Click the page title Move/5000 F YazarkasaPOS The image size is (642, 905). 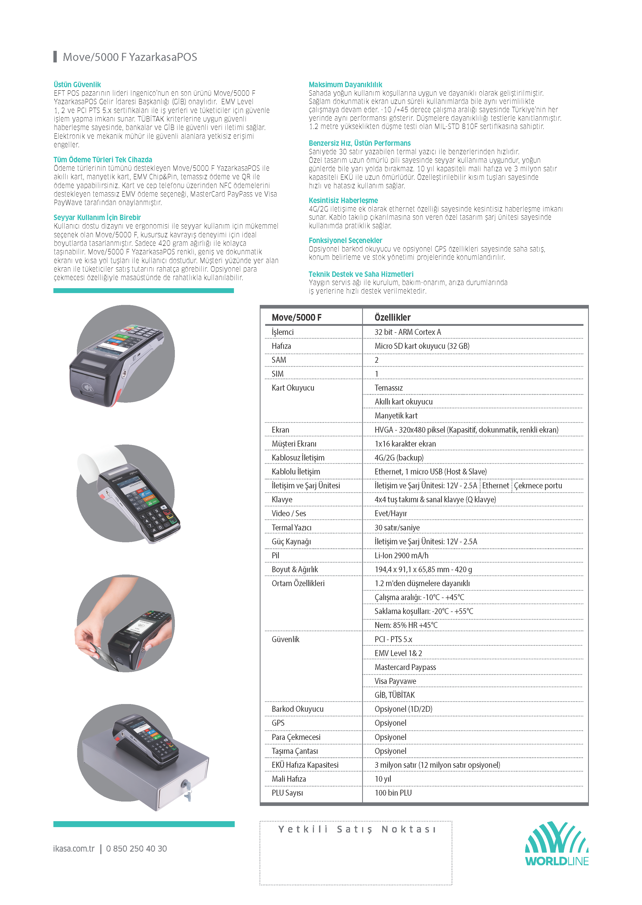click(130, 57)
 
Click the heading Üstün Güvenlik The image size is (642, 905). click(77, 85)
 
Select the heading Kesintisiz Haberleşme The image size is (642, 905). click(343, 200)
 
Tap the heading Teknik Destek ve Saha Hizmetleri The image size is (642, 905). click(361, 274)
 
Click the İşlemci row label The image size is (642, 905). click(283, 332)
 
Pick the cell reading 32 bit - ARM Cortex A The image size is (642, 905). click(408, 332)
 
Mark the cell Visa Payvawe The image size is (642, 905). click(395, 681)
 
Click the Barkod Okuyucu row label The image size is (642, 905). click(297, 709)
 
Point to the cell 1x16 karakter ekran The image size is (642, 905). click(405, 444)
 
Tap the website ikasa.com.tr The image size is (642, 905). click(74, 849)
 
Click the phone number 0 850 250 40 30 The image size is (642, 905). click(136, 849)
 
